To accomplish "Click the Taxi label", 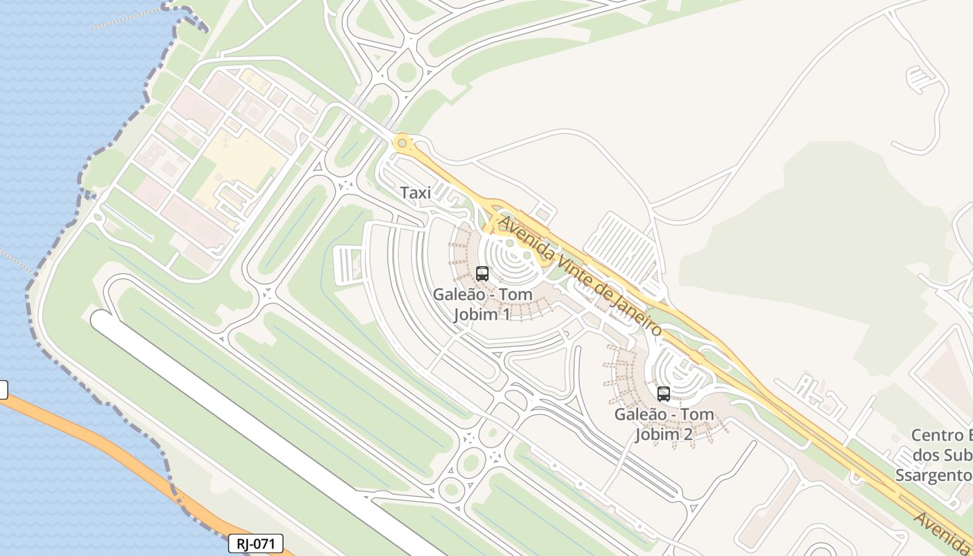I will (x=416, y=193).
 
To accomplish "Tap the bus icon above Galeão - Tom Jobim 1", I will (x=482, y=274).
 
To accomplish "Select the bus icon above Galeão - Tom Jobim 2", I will (x=664, y=394).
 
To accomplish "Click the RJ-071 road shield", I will (x=256, y=543).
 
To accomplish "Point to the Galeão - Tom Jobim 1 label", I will (x=482, y=304).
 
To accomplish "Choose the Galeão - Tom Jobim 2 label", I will (x=664, y=424).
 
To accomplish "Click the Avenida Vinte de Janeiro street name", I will (x=580, y=276).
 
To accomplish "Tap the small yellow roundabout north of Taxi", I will (x=402, y=143).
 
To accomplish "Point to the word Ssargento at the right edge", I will (x=933, y=475).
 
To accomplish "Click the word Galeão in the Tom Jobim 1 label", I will (x=456, y=294).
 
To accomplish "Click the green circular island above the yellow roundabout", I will (x=406, y=72).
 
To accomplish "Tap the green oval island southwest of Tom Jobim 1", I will (x=471, y=461).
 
